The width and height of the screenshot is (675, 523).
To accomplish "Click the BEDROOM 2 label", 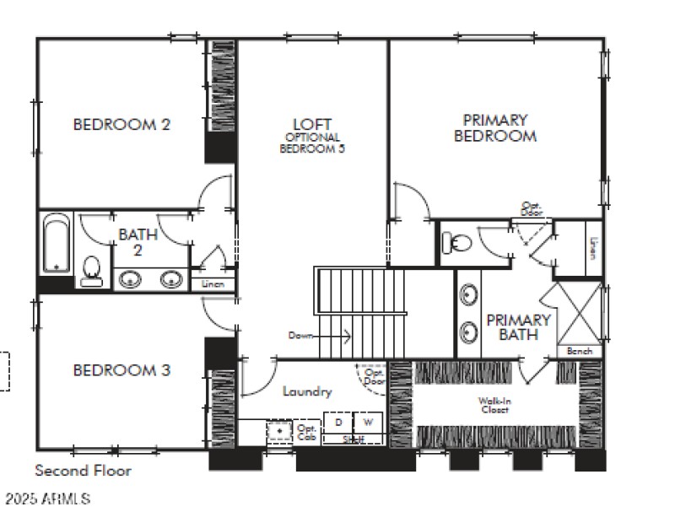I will coord(121,125).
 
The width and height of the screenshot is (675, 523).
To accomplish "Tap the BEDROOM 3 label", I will coord(121,369).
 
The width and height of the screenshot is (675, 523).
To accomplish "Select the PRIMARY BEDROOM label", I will coord(495,128).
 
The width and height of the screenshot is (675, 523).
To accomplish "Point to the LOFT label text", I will coord(312,125).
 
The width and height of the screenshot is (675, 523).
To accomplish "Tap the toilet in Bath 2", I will coord(92,269).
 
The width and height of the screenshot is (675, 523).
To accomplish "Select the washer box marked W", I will coord(367,421).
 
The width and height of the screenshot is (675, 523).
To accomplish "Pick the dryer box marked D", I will coord(338,421).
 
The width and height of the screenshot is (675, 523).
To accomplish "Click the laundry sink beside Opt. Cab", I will coord(279,431).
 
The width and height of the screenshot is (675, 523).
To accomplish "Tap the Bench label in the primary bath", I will coord(579,351).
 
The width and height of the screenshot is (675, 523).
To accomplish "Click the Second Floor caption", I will coord(83,471).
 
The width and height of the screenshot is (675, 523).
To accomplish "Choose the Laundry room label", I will coord(306,391).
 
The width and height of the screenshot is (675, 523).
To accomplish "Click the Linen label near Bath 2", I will coord(213,285).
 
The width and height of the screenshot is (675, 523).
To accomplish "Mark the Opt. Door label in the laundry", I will coord(373,376).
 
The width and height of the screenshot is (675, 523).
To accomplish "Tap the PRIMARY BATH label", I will coord(518,327).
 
